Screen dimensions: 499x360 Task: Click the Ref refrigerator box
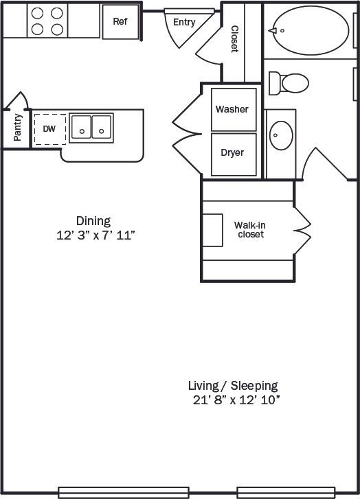click(120, 21)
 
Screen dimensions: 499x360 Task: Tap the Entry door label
click(184, 23)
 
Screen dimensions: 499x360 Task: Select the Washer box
click(232, 109)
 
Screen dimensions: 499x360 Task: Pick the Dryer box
click(232, 153)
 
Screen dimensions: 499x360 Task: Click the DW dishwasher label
click(49, 129)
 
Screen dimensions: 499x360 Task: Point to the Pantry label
click(18, 128)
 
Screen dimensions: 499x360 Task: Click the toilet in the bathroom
click(289, 84)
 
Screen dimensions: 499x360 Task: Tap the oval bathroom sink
click(281, 135)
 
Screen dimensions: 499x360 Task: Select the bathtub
click(307, 30)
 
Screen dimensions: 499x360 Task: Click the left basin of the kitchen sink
click(82, 127)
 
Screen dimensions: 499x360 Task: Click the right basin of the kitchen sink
click(102, 127)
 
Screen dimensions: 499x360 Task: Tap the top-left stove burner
click(37, 13)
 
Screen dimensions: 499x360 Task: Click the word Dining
click(93, 221)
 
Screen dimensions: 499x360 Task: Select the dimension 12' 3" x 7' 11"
click(95, 235)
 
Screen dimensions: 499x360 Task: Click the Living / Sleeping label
click(234, 385)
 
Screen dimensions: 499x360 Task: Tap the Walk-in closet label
click(249, 229)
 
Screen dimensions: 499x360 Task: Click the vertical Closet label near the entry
click(234, 39)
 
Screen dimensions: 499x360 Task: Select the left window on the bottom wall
click(124, 492)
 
